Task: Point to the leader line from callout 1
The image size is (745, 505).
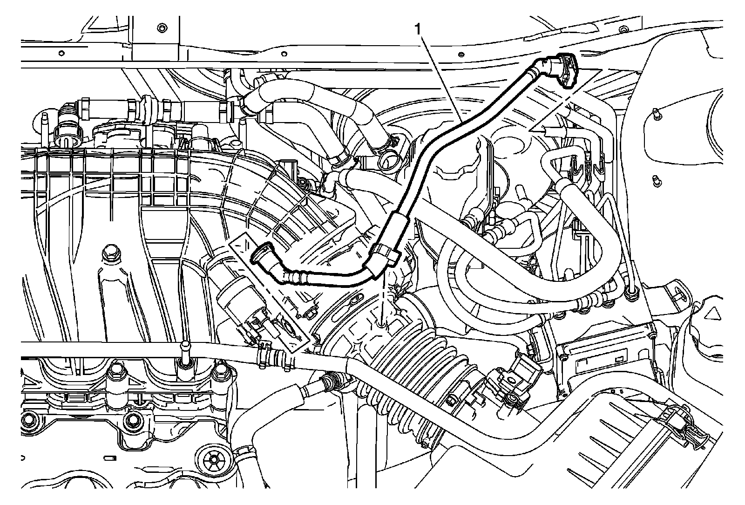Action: click(x=442, y=80)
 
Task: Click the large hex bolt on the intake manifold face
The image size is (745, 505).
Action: click(x=109, y=254)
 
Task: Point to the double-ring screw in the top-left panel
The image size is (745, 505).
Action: click(x=162, y=28)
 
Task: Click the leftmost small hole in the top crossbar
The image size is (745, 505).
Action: click(x=61, y=53)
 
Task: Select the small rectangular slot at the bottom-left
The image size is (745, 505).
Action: click(x=108, y=458)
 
